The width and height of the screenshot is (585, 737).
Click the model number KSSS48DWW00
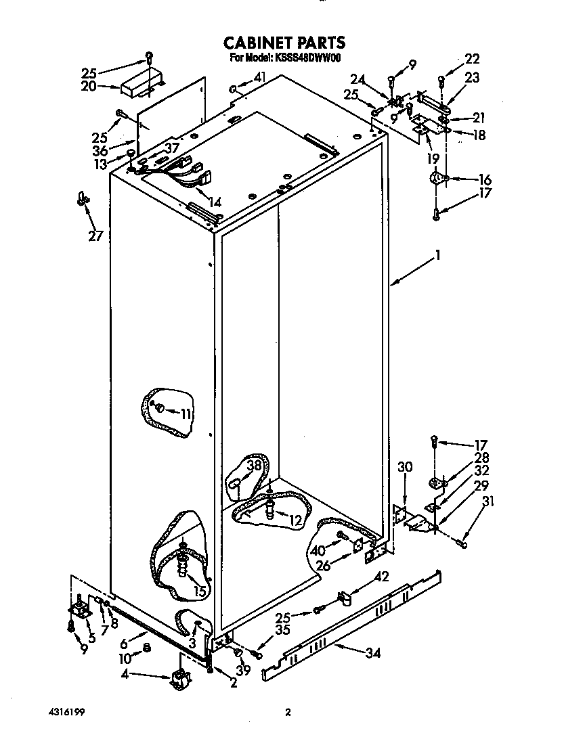308,58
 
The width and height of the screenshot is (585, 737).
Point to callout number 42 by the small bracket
382,577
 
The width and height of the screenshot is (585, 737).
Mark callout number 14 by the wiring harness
215,201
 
